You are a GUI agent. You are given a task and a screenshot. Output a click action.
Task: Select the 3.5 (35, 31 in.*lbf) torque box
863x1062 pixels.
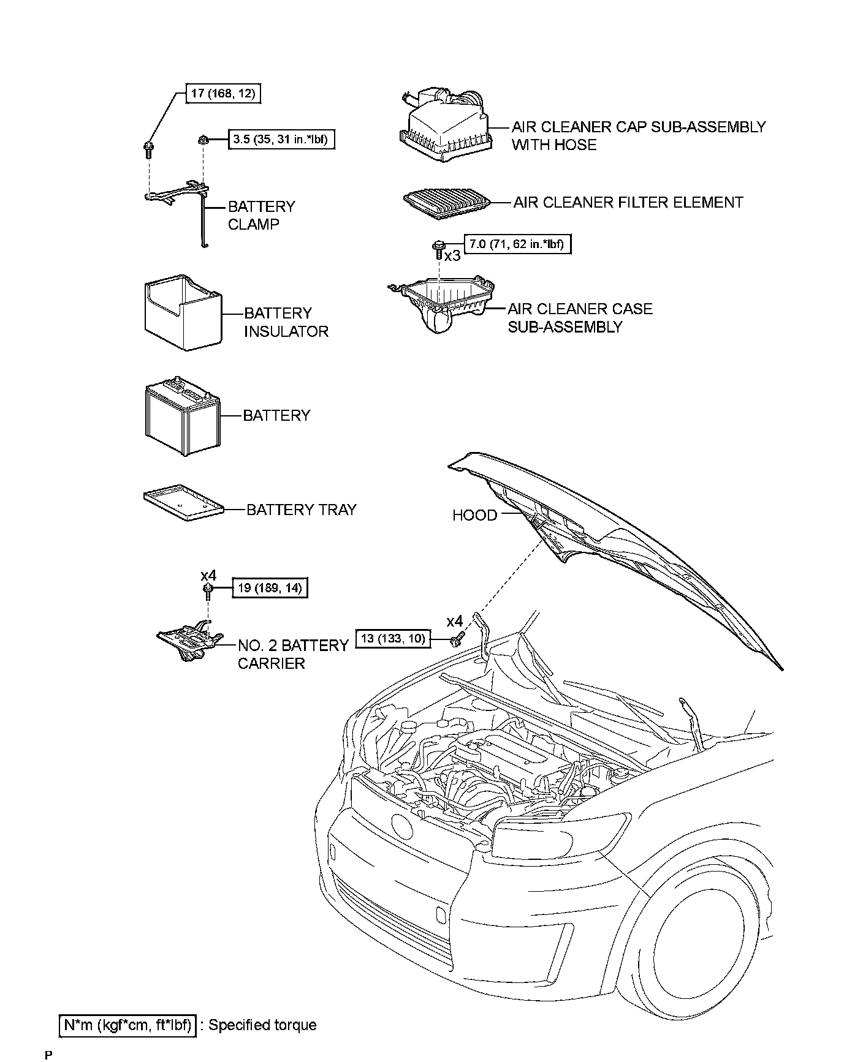[282, 139]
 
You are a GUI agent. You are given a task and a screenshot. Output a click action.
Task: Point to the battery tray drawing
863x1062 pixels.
[183, 502]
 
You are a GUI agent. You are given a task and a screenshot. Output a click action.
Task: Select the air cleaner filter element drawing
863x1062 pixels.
[446, 201]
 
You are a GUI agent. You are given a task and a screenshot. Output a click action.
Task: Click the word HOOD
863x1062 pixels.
[474, 515]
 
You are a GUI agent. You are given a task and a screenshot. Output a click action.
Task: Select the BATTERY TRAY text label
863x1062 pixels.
[301, 510]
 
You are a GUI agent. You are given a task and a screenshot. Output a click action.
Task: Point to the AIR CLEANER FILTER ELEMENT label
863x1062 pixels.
[628, 202]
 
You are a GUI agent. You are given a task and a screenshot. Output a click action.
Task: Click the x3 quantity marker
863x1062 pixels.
[452, 256]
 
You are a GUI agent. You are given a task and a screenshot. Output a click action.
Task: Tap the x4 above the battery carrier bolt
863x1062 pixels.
[208, 575]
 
